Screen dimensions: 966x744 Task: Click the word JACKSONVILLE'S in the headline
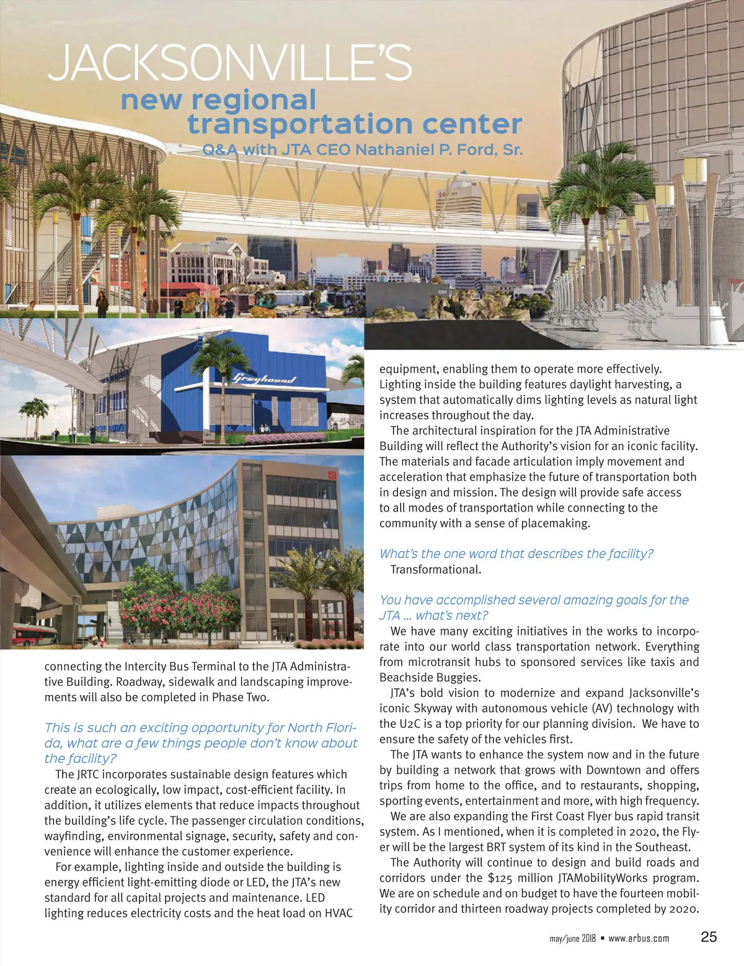(229, 63)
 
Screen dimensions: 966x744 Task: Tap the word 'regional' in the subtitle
(254, 100)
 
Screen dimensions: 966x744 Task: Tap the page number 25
(709, 937)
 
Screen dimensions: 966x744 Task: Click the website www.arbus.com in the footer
(639, 938)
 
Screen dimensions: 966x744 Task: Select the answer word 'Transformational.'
(435, 569)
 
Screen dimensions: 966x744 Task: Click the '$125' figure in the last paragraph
(502, 878)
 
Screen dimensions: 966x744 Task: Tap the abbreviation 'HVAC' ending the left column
(339, 913)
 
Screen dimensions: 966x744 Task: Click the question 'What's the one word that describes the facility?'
(516, 554)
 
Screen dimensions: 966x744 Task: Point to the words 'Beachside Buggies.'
(429, 678)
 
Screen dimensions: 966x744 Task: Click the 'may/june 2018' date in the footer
(572, 938)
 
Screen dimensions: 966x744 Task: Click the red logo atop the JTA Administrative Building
(330, 476)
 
